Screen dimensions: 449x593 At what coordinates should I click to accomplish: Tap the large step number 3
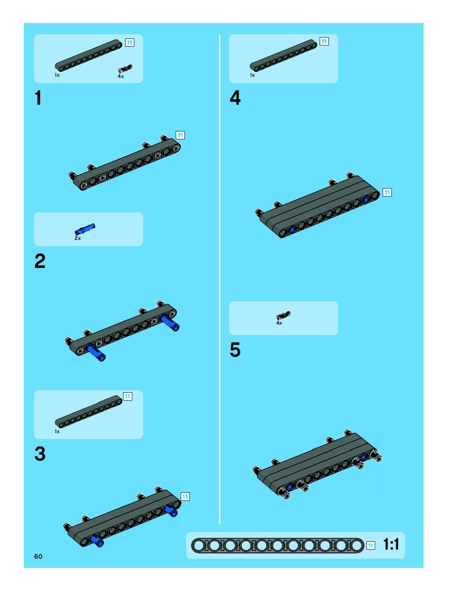(40, 454)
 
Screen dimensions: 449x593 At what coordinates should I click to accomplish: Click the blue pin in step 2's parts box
(85, 228)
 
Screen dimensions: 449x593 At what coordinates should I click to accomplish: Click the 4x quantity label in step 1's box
(121, 76)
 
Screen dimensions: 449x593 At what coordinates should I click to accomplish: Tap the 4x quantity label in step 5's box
(279, 323)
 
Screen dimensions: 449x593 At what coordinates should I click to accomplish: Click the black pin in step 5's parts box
(284, 315)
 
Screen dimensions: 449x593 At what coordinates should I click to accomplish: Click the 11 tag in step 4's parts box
(324, 41)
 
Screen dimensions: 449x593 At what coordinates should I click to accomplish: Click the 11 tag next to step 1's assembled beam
(180, 135)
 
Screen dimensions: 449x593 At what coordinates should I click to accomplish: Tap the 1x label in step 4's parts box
(252, 75)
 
